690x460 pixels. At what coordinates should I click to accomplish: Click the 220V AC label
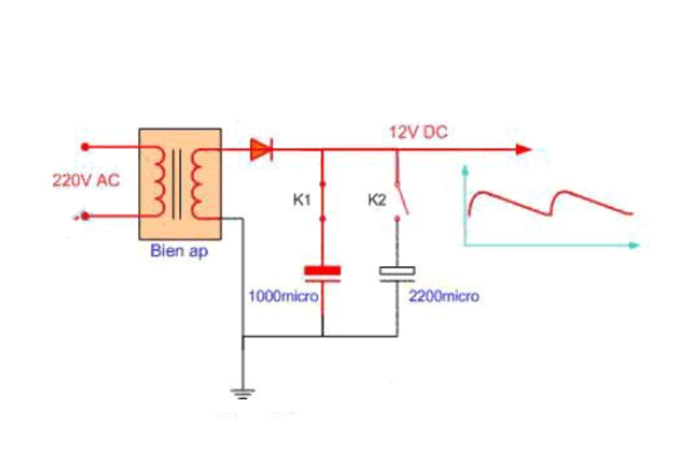[x=85, y=180]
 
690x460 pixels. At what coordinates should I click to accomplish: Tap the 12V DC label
[x=418, y=132]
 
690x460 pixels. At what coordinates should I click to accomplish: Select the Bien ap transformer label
[x=178, y=253]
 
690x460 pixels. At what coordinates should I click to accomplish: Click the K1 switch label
[x=302, y=200]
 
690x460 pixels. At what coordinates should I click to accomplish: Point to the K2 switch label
[x=378, y=200]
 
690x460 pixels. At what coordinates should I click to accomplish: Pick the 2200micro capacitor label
[x=444, y=296]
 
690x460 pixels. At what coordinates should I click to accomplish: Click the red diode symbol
[x=262, y=149]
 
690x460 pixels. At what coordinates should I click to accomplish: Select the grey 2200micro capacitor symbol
[x=398, y=272]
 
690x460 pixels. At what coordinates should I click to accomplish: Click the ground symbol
[x=243, y=391]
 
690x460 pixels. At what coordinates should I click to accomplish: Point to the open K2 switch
[x=402, y=199]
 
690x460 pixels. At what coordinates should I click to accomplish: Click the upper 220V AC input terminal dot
[x=86, y=147]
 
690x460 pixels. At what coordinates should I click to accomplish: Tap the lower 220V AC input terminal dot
[x=86, y=217]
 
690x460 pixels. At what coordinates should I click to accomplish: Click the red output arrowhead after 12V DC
[x=522, y=149]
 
